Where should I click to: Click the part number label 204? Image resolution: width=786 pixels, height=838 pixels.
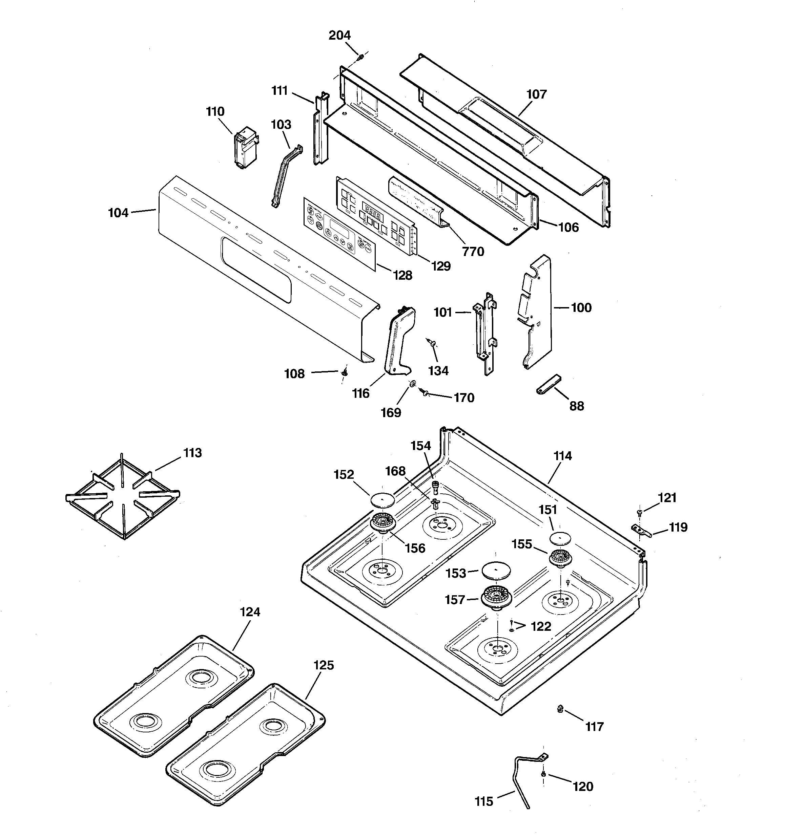[339, 36]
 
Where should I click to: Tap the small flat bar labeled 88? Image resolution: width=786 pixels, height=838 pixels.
[549, 384]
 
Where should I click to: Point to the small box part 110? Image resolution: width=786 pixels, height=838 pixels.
[246, 148]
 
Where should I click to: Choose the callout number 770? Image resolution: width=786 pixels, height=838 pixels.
[473, 252]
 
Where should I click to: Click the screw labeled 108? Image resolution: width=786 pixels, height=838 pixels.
[344, 372]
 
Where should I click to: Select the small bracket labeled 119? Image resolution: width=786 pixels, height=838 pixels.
[641, 531]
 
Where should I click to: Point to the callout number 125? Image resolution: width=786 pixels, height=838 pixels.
[324, 665]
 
